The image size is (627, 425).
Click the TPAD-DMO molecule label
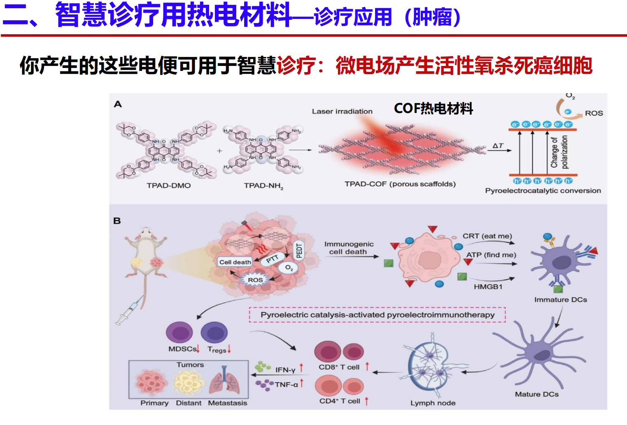point(169,185)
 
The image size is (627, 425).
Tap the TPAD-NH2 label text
point(263,186)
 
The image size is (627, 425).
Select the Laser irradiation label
point(342,111)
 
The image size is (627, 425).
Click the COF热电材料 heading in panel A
point(434,108)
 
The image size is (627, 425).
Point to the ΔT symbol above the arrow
point(498,146)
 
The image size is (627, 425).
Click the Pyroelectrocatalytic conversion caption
point(543,190)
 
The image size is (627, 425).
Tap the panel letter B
point(117,221)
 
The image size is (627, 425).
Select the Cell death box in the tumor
point(235,262)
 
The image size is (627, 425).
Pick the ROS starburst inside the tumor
point(255,280)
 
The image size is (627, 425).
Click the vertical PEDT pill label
point(299,250)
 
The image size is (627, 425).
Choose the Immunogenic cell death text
point(349,248)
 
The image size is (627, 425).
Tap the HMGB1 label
point(488,286)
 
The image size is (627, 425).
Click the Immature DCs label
point(560,300)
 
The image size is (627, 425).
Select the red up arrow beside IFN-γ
point(301,367)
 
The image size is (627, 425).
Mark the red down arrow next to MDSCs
point(198,349)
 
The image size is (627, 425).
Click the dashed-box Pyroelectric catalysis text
point(377,315)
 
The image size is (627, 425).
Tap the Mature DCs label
point(536,394)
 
